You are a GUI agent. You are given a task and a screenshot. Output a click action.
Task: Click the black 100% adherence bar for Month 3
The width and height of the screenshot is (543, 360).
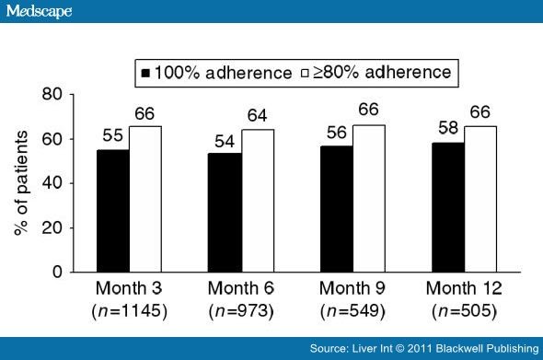113,211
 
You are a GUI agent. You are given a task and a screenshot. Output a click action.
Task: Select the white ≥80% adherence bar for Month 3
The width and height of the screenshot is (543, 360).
145,199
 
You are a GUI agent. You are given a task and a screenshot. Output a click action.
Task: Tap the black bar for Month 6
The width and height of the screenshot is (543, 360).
226,213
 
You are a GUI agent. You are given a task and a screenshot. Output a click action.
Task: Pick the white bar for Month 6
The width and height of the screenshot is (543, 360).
259,201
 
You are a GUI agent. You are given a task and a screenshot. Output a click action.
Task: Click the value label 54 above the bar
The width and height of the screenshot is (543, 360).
225,141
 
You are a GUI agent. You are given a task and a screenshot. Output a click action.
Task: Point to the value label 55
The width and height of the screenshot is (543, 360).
112,136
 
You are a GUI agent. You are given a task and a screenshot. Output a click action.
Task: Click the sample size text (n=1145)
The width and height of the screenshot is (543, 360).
129,311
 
